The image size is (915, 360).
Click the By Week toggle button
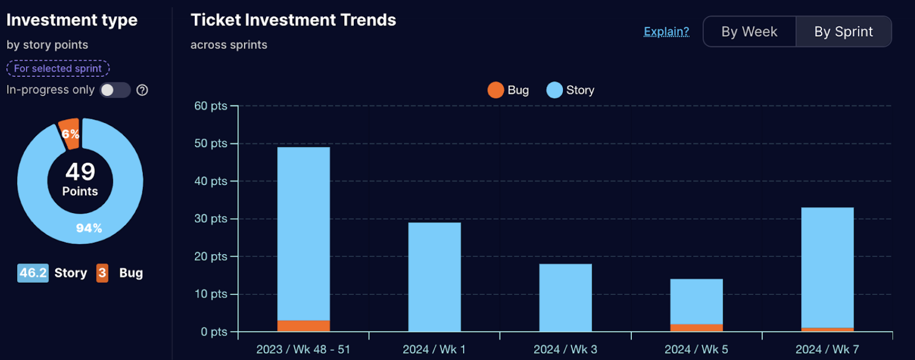point(749,31)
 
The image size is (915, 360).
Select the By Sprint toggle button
point(843,31)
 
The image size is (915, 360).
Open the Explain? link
point(666,31)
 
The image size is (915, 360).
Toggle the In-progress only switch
point(115,90)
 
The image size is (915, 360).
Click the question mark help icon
point(142,90)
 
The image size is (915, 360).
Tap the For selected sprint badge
point(58,68)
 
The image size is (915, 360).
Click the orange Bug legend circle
point(496,90)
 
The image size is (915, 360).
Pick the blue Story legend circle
point(554,90)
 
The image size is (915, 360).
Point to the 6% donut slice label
point(70,134)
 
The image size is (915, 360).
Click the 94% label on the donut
point(89,228)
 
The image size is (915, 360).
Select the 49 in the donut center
point(80,172)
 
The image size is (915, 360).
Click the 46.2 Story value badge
point(33,273)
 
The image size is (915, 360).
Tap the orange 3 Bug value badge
point(102,273)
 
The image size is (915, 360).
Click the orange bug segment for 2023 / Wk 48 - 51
point(304,326)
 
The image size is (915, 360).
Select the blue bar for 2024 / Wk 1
point(434,276)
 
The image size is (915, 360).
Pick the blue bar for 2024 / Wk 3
point(565,298)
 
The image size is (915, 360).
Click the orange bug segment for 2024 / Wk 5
point(696,327)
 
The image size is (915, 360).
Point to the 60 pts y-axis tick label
point(210,106)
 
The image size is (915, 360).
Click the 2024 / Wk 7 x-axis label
point(827,349)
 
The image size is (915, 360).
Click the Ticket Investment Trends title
point(293,20)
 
